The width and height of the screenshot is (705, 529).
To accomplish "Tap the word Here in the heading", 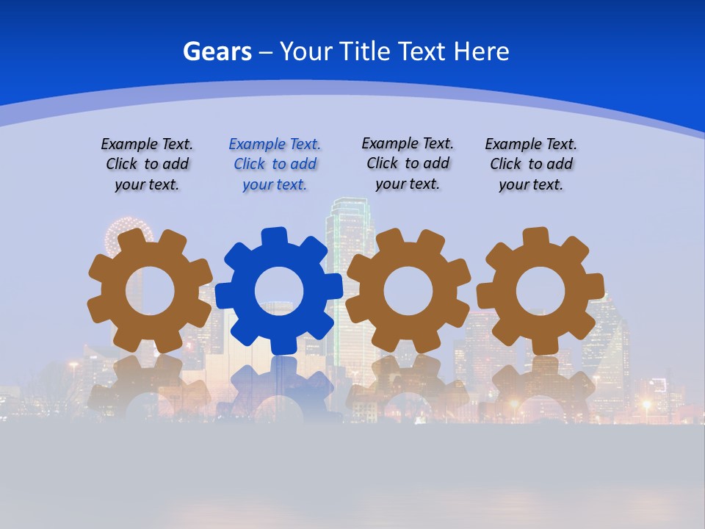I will [481, 51].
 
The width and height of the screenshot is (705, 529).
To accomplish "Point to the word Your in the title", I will [307, 51].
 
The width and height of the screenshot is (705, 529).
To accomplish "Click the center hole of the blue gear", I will [278, 291].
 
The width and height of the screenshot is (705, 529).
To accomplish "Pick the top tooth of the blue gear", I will [274, 237].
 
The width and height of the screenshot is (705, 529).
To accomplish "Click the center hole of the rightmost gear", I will [540, 291].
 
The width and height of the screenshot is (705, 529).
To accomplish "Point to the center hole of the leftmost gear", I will [150, 291].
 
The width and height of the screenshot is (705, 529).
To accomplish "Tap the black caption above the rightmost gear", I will [531, 164].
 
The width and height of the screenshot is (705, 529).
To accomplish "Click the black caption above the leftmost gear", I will [147, 164].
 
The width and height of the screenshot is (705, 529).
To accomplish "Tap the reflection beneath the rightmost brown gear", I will [540, 389].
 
